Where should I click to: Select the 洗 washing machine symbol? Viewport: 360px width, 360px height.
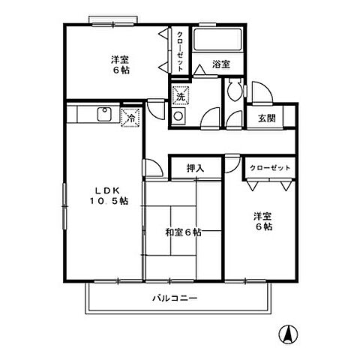coord(180,96)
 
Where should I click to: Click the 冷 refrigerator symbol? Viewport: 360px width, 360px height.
coord(129,118)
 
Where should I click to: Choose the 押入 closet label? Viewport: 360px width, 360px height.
coord(195,169)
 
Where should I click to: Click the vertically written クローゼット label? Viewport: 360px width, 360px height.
coord(181,50)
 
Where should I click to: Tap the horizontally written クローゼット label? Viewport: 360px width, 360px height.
coord(269,168)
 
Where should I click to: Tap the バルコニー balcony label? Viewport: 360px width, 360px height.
coord(174,298)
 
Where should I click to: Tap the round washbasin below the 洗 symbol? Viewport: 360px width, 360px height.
coord(178,116)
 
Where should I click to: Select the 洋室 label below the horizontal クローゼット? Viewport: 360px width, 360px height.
coord(262,221)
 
